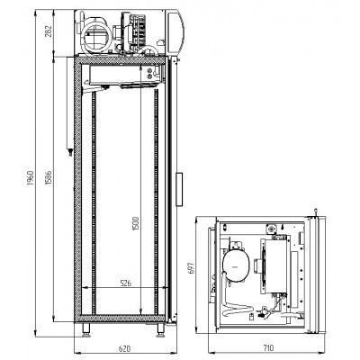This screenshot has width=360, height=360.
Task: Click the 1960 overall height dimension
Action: (31, 177)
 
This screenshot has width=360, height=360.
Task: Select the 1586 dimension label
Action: (49, 177)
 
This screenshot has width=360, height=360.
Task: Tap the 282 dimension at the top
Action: (49, 31)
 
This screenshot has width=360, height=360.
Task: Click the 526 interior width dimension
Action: (126, 283)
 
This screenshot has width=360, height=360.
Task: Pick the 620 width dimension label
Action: (125, 348)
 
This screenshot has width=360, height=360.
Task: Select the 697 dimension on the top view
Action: (192, 268)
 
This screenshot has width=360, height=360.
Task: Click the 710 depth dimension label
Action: (268, 348)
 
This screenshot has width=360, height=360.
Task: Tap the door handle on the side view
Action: (179, 189)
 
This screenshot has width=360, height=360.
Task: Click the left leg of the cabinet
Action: (85, 329)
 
